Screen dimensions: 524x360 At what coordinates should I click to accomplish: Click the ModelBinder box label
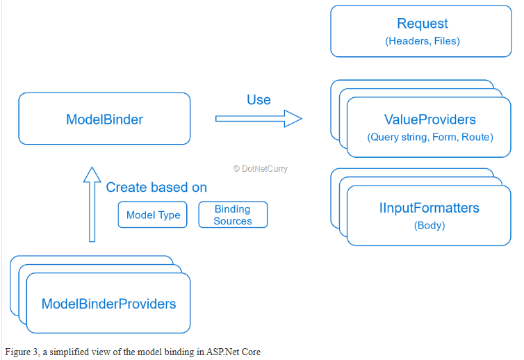pos(105,120)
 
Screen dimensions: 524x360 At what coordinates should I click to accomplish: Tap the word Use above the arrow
pos(259,99)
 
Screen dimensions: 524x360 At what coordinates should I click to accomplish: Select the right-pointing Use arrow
pos(259,118)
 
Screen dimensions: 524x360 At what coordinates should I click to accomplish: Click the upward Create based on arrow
pos(92,204)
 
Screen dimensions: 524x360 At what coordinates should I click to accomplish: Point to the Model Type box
pos(153,215)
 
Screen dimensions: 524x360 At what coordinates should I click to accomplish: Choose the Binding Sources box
pos(233,215)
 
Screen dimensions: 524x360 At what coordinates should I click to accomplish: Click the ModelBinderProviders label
pos(108,304)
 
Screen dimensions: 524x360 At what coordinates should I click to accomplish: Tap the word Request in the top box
pos(423,24)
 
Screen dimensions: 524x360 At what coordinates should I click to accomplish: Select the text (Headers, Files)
pos(423,41)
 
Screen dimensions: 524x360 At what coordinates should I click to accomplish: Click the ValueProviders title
pos(429,120)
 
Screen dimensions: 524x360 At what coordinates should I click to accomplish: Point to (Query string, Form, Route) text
pos(430,137)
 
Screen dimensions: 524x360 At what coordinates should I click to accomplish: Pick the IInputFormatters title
pos(429,208)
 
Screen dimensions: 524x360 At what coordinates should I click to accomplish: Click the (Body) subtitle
pos(429,225)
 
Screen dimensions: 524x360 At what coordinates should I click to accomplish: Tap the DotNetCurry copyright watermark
pos(261,168)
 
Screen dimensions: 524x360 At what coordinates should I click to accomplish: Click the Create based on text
pos(156,187)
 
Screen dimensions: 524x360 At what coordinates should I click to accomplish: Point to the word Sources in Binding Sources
pos(233,221)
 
